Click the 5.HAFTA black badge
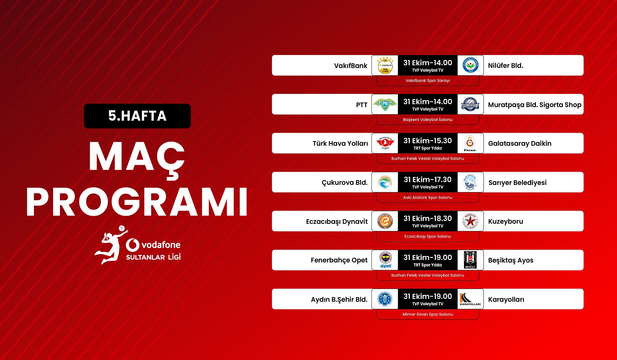[137, 116]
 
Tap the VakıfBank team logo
[385, 65]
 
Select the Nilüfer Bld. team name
[505, 65]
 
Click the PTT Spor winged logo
[385, 104]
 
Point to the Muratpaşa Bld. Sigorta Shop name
[535, 105]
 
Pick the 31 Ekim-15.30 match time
[428, 140]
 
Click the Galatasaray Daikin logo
[470, 144]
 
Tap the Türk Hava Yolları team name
[340, 144]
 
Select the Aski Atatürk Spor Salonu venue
[428, 198]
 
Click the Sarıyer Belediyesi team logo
[470, 182]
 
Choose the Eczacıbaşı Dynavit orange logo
[385, 221]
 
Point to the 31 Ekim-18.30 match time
[428, 218]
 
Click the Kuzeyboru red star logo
[470, 221]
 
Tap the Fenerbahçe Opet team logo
[385, 260]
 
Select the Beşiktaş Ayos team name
[511, 260]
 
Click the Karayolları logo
[470, 299]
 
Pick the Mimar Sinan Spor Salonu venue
[428, 314]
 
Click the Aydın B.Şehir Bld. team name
[339, 299]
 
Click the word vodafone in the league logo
[161, 245]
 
